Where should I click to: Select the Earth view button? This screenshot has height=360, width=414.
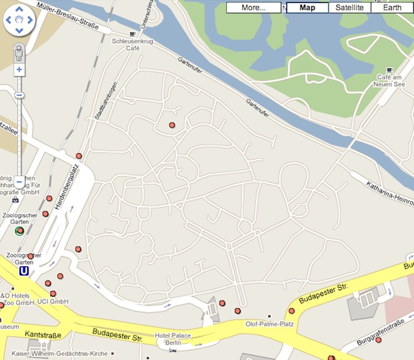tap(391, 8)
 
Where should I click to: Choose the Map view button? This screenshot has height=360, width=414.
tap(307, 8)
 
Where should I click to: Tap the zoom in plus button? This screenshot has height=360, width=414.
tap(19, 69)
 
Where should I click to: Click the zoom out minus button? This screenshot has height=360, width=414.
tap(19, 181)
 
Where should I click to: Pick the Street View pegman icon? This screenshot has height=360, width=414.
tap(19, 52)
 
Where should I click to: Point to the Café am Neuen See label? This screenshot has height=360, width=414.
tap(390, 81)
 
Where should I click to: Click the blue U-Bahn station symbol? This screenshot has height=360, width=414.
tap(24, 271)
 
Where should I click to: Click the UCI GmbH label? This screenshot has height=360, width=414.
tap(52, 302)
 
